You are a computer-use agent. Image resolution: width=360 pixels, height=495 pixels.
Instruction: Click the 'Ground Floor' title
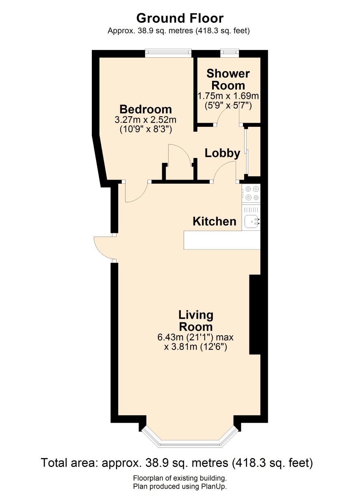(x=180, y=18)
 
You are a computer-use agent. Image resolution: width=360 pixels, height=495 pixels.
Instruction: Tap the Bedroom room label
(x=145, y=109)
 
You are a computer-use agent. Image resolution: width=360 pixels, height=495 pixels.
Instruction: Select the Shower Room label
(x=228, y=80)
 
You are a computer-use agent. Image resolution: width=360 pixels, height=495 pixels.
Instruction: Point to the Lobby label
(x=222, y=153)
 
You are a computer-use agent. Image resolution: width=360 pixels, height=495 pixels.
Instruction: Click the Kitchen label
(x=215, y=221)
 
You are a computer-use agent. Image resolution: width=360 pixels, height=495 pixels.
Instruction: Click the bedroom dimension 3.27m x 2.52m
(x=145, y=120)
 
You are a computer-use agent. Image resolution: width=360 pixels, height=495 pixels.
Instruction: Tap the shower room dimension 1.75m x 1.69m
(x=228, y=96)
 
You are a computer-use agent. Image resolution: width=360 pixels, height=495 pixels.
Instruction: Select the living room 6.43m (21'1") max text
(x=195, y=337)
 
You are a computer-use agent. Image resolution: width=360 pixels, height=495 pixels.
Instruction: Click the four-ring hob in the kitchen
(x=252, y=193)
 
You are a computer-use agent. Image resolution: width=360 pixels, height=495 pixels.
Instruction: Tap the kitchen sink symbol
(x=252, y=221)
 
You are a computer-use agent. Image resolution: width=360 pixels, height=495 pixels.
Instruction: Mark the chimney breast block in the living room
(x=255, y=314)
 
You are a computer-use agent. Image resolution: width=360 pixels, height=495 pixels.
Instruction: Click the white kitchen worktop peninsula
(x=222, y=240)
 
